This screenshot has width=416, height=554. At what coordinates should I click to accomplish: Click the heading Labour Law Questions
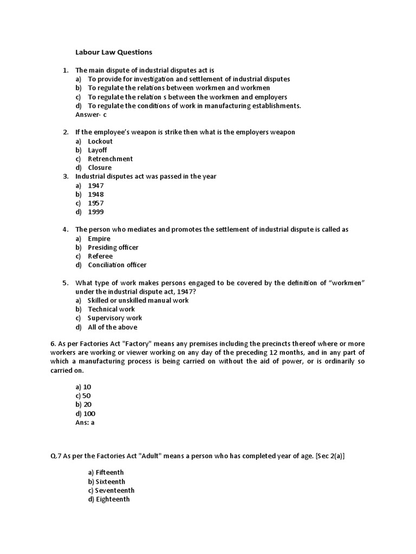pos(114,52)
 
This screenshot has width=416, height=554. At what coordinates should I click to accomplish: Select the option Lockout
pos(100,141)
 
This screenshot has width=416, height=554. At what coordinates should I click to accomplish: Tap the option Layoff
pos(97,150)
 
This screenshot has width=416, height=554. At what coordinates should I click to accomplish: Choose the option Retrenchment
pos(110,159)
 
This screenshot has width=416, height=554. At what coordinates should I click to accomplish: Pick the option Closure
pos(100,168)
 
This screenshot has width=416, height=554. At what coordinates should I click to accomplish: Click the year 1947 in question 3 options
pos(96,186)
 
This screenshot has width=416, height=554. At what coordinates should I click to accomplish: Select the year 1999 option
pos(96,212)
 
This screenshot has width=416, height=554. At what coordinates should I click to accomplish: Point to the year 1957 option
pos(96,203)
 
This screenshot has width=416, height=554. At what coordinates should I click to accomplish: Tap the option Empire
pos(99,239)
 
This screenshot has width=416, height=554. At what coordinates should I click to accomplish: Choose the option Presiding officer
pos(113,247)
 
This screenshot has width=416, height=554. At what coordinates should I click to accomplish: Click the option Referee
pos(100,256)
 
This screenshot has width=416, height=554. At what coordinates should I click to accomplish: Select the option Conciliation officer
pos(117,265)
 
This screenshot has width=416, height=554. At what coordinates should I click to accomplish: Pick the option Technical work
pos(111,309)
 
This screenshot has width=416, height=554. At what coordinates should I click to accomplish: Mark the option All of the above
pos(112,327)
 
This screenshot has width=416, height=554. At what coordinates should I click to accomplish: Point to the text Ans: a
pos(85,423)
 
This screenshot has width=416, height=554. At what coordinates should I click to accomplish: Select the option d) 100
pos(86,414)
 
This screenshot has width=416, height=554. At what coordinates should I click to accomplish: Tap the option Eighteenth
pos(112,499)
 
